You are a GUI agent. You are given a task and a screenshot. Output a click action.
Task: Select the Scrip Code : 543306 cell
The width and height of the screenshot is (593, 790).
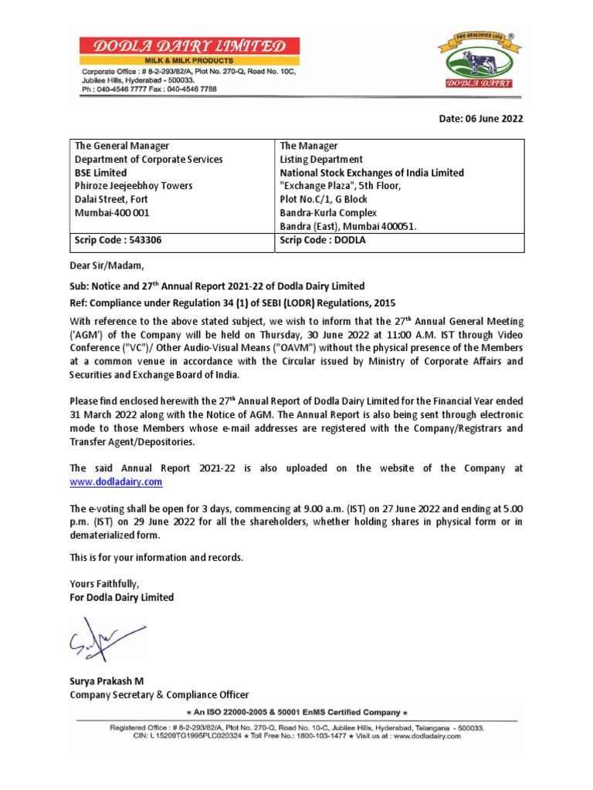[117, 240]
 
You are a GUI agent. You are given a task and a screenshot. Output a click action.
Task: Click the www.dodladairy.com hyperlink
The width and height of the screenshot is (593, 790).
[116, 481]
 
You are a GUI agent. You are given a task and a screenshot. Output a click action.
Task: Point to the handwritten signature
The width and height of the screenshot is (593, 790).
[104, 640]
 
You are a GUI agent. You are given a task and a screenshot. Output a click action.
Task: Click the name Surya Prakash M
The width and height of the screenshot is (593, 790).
[107, 680]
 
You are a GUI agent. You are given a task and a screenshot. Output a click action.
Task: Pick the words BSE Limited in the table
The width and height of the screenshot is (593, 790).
[100, 173]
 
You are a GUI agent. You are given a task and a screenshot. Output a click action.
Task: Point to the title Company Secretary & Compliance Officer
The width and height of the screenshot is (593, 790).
[159, 694]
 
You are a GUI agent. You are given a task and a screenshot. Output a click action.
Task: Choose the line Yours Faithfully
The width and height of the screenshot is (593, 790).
[104, 583]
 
